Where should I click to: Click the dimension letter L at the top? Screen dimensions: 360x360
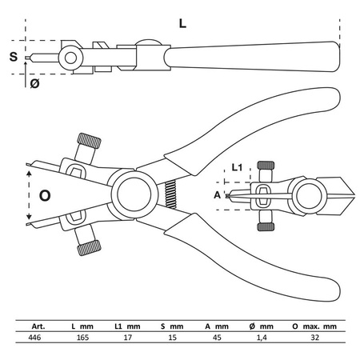(x=182, y=24)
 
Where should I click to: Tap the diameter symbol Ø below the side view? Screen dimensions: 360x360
(x=34, y=82)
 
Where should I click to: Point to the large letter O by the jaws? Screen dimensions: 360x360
(x=45, y=194)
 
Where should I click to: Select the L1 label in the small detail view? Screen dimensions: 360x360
(x=237, y=169)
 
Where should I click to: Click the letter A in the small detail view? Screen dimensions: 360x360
(x=218, y=193)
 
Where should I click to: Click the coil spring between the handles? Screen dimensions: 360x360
(x=169, y=194)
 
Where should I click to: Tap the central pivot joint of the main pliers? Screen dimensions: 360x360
(x=132, y=194)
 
